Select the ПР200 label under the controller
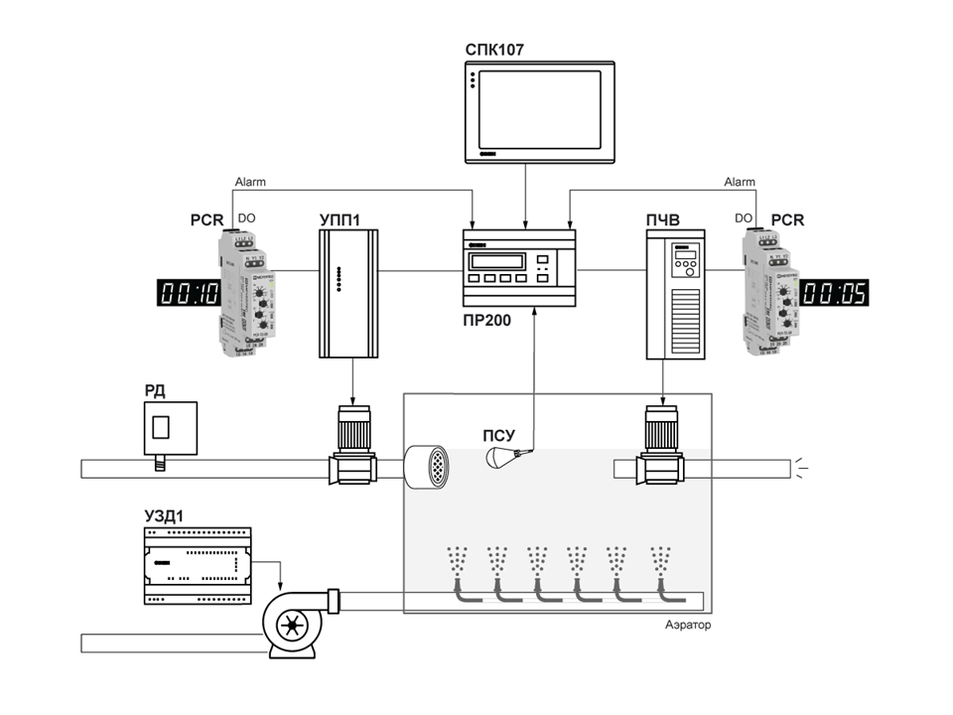point(487,321)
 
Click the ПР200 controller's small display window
point(497,260)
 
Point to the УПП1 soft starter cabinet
point(348,292)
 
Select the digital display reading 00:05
point(835,292)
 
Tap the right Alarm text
point(739,183)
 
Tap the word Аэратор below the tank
point(688,626)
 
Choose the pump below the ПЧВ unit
point(656,447)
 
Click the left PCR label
point(209,219)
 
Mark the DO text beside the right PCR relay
point(743,218)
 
